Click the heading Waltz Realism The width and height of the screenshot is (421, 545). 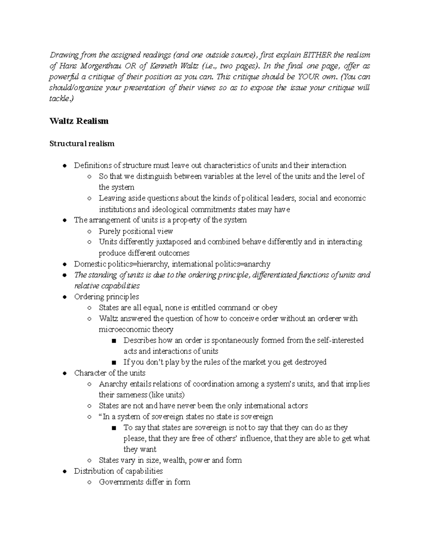pyautogui.click(x=79, y=121)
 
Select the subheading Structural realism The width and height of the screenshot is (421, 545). pyautogui.click(x=82, y=144)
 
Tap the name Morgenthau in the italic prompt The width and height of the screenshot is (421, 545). pyautogui.click(x=100, y=66)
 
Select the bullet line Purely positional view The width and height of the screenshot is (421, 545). pyautogui.click(x=136, y=231)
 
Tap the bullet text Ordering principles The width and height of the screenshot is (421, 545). pyautogui.click(x=107, y=297)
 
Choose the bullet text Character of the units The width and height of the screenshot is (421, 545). pyautogui.click(x=110, y=373)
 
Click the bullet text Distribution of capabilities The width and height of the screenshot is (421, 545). pyautogui.click(x=118, y=471)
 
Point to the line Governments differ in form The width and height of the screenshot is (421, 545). pyautogui.click(x=145, y=482)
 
